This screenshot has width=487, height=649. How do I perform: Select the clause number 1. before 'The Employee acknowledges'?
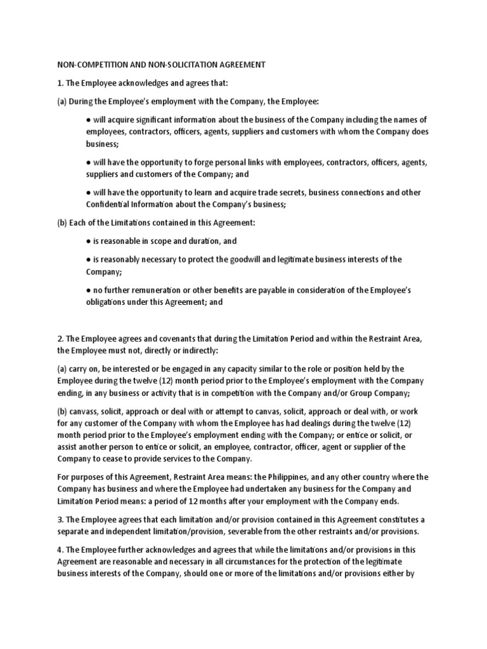point(61,83)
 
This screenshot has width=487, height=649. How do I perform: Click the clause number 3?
point(61,519)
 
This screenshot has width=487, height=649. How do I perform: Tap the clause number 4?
point(61,549)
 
